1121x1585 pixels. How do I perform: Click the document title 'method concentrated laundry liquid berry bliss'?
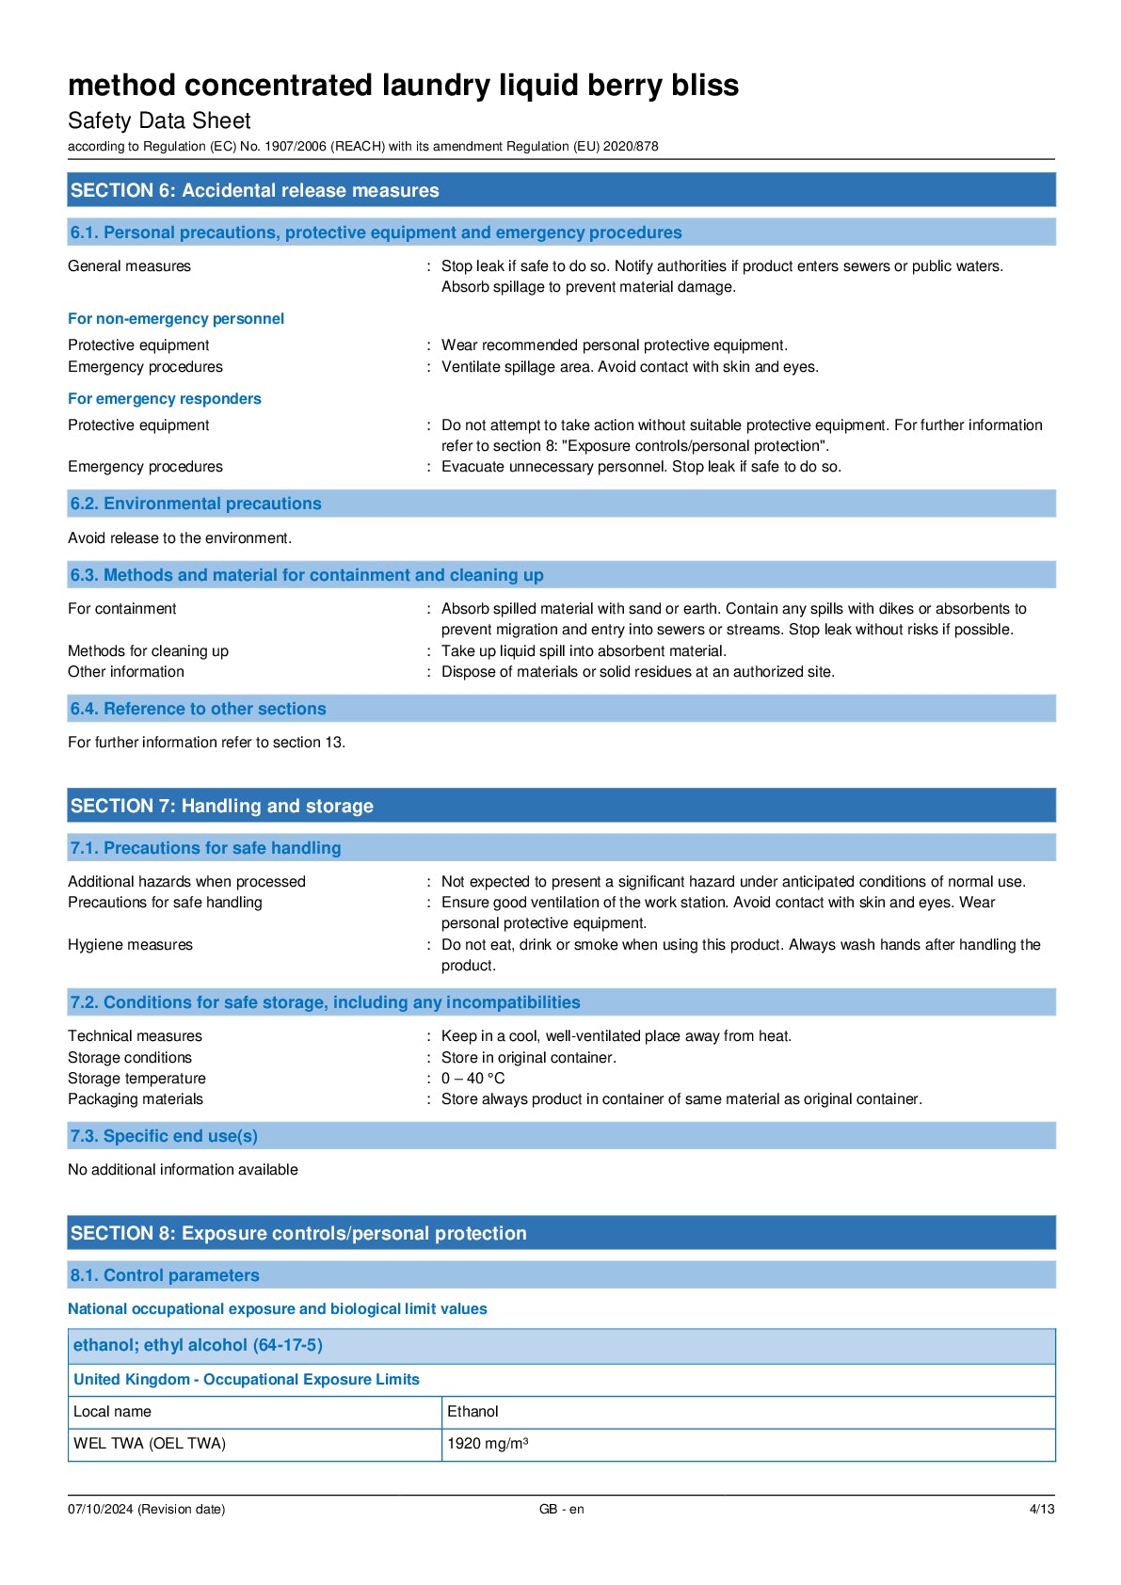403,86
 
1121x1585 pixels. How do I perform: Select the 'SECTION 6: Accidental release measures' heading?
254,190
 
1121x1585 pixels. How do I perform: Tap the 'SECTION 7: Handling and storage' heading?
221,806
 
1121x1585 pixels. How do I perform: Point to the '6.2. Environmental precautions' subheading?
196,504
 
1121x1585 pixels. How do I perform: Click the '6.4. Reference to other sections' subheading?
198,709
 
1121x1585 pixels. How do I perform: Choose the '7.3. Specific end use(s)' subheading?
164,1136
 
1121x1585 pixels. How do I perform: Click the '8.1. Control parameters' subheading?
165,1275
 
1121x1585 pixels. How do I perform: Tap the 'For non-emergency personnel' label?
176,319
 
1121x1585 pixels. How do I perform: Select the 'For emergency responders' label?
165,399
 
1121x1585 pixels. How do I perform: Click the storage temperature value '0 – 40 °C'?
472,1079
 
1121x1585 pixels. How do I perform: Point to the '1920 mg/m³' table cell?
488,1444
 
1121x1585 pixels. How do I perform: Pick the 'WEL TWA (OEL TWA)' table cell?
150,1444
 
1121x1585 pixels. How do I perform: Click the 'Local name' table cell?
112,1412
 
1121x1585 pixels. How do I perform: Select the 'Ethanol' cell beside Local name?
472,1412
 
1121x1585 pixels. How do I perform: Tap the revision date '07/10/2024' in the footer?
101,1510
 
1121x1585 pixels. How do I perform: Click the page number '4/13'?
1041,1510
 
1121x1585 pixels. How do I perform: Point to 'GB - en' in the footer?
561,1510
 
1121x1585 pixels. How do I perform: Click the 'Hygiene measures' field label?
130,945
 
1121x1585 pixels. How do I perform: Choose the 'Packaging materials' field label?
136,1099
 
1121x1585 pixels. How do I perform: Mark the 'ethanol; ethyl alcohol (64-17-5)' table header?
198,1346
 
